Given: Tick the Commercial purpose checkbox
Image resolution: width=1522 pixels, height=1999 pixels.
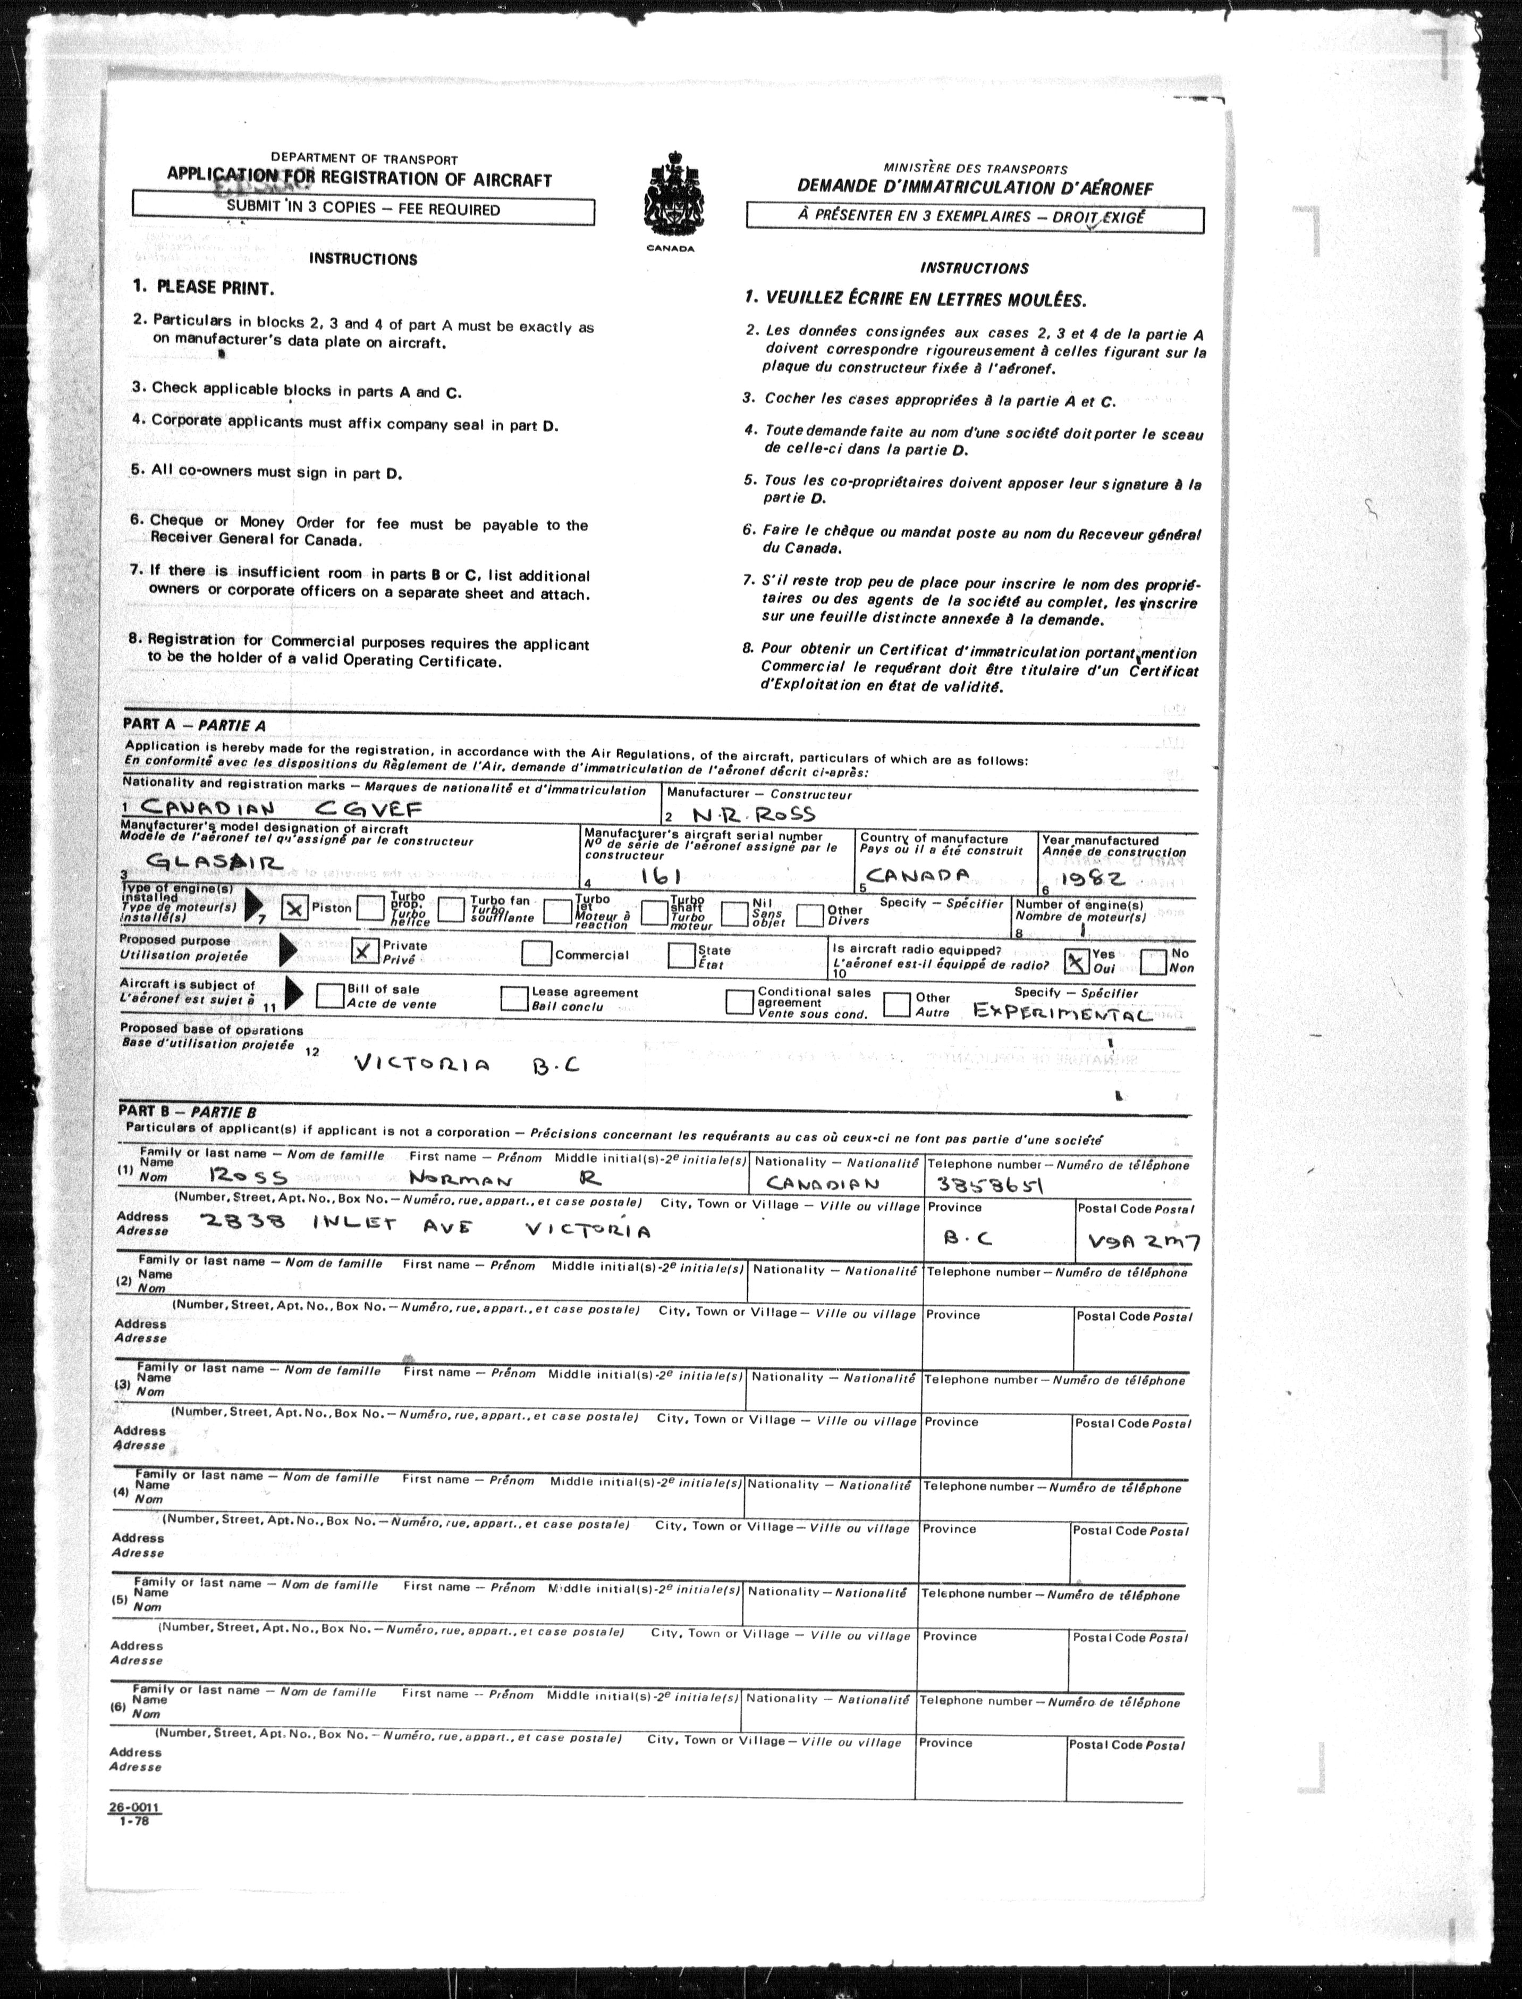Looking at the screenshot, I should point(537,953).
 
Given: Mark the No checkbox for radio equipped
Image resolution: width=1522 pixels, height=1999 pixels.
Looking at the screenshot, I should point(1153,961).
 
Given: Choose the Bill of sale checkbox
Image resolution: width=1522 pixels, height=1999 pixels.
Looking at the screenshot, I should point(330,996).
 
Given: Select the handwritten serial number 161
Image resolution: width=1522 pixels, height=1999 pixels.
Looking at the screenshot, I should point(665,875).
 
